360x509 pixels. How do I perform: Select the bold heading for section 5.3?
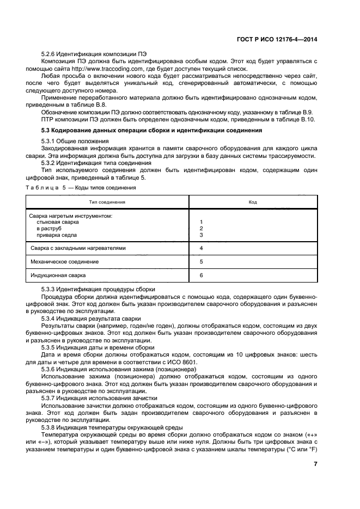136,131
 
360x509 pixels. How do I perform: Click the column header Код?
253,202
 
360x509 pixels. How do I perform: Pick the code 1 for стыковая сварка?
202,222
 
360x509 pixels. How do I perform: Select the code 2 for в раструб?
202,229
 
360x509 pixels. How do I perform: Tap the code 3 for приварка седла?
202,235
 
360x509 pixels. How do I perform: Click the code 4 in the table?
202,248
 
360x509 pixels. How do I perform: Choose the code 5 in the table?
202,262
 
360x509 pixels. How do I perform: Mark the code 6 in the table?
202,275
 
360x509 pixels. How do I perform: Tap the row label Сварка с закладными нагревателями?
78,248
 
